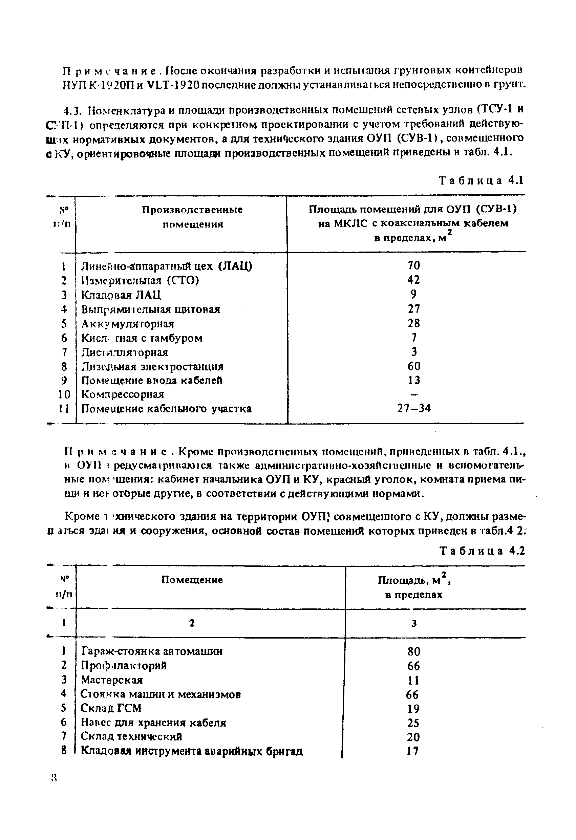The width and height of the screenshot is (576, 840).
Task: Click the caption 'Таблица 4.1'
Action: click(x=481, y=180)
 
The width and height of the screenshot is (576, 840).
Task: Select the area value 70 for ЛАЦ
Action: click(x=414, y=266)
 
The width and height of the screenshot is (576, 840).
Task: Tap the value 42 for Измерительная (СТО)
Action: click(x=414, y=280)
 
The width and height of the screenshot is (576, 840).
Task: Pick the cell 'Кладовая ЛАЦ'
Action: click(x=121, y=295)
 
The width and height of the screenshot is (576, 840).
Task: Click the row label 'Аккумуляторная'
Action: click(x=128, y=323)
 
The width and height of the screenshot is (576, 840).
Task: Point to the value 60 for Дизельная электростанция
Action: click(x=414, y=366)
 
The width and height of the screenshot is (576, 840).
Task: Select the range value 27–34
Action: click(x=414, y=408)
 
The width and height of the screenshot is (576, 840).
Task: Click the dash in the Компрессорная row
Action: click(x=414, y=394)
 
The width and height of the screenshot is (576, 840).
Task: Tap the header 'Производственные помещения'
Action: click(x=192, y=217)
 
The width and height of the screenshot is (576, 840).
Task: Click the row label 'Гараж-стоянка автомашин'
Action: click(x=152, y=651)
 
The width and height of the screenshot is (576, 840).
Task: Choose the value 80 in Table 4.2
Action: click(x=414, y=652)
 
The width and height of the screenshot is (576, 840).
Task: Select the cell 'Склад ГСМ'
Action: click(x=111, y=708)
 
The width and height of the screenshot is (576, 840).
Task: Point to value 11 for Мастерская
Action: click(x=413, y=680)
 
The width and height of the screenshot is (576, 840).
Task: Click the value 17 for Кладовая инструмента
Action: click(x=412, y=751)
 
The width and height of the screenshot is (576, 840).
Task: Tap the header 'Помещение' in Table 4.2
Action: click(x=192, y=580)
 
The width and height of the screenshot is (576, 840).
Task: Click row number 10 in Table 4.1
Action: click(x=64, y=394)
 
